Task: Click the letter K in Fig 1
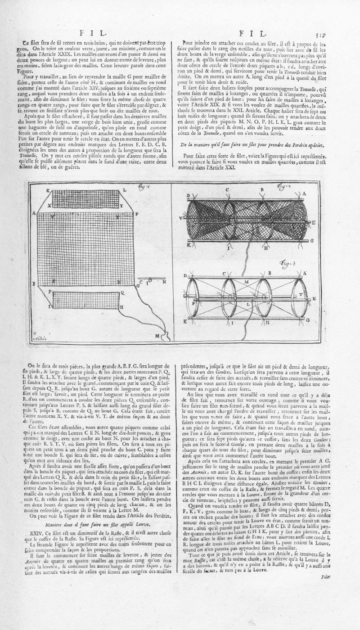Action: click(48, 190)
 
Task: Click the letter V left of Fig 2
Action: click(180, 218)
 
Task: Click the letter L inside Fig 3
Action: click(248, 304)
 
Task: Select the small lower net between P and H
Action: click(85, 301)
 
